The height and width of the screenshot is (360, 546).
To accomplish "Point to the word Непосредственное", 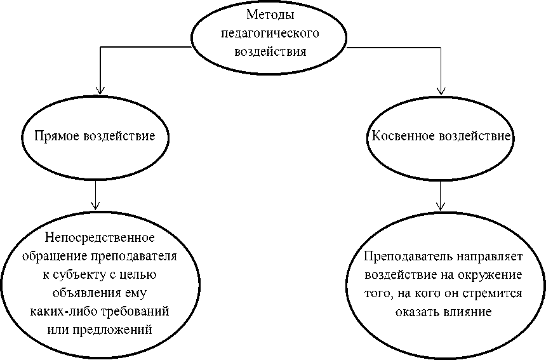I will coord(100,239).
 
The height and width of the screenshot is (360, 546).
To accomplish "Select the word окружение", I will coord(492,276).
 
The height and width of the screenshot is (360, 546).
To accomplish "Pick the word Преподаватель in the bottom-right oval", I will coord(399,258).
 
